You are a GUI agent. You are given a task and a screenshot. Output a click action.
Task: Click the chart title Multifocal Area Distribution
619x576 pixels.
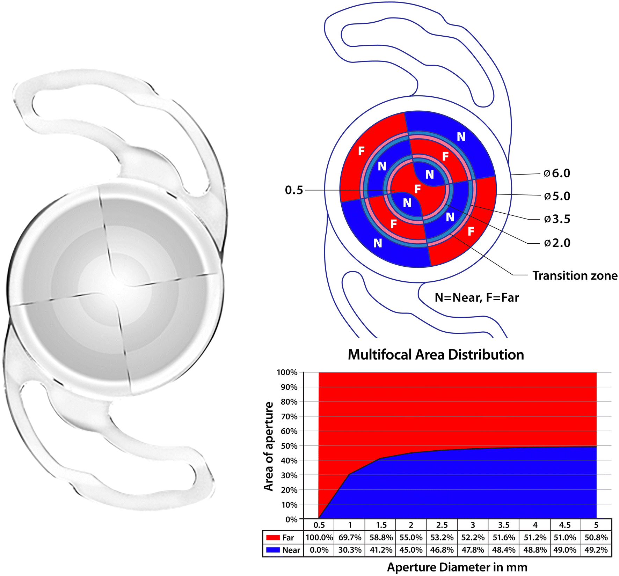point(436,355)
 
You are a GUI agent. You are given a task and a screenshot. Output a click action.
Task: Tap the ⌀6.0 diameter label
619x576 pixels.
point(557,173)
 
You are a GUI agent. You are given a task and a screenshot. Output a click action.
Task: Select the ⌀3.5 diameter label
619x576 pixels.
point(557,219)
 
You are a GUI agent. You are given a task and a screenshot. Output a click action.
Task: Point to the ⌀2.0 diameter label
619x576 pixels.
point(557,243)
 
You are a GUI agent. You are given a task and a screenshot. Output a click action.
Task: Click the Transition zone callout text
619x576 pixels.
point(575,275)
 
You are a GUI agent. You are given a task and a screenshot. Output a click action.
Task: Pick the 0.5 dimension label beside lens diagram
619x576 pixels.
point(294,190)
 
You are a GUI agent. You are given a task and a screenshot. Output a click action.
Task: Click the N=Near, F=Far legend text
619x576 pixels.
point(476,297)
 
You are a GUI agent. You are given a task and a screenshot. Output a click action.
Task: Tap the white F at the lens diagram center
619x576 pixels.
point(417,189)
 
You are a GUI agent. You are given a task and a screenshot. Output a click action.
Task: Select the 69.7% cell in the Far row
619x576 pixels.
point(350,537)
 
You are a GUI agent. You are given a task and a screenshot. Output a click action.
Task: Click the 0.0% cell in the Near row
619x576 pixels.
point(319,550)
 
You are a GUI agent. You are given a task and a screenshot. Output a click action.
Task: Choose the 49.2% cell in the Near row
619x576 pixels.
point(596,550)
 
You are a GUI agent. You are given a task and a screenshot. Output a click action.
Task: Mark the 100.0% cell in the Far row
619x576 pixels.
point(319,537)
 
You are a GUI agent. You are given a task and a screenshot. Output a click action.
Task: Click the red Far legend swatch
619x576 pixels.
point(273,538)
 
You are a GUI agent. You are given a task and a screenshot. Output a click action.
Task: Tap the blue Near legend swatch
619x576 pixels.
point(273,550)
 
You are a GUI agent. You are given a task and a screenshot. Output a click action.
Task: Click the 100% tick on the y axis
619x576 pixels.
point(287,372)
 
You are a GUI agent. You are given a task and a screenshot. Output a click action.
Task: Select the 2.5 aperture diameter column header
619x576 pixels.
point(442,525)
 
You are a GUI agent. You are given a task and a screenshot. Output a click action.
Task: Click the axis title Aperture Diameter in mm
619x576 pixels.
point(457,567)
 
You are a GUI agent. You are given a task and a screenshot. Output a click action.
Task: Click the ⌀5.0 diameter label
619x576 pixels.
point(557,196)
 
